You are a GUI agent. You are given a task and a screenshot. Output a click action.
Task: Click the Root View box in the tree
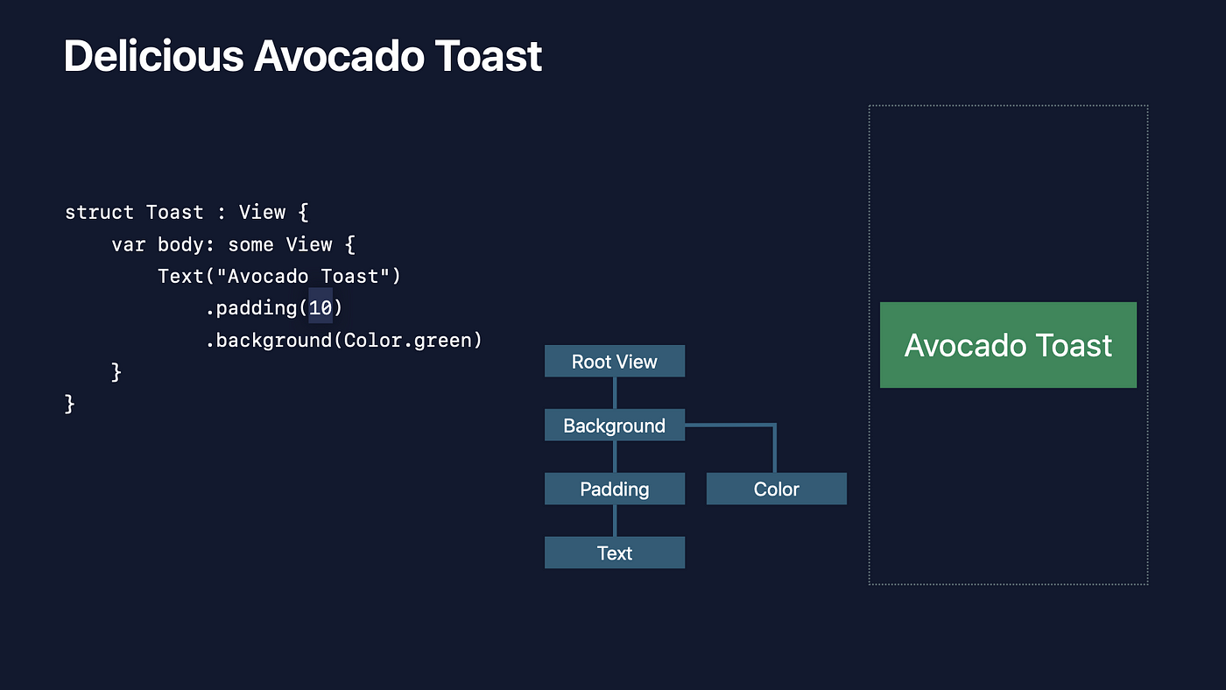point(614,362)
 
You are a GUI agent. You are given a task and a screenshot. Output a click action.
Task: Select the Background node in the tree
point(614,426)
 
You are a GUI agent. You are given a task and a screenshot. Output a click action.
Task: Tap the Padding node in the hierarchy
point(614,489)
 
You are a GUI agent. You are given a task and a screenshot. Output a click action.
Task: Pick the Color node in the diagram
point(776,489)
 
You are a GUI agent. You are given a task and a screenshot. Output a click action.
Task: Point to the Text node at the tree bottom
point(614,553)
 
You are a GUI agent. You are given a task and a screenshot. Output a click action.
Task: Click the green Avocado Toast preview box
point(1008,345)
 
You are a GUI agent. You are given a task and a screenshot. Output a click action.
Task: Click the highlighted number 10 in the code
point(321,308)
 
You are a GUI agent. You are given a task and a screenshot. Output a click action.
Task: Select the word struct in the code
point(99,213)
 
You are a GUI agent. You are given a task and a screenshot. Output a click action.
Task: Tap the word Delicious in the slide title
point(152,56)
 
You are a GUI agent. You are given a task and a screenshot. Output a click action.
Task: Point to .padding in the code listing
point(251,308)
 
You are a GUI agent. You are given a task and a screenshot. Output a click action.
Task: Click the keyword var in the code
point(129,244)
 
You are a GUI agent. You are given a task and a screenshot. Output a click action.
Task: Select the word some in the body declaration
point(250,244)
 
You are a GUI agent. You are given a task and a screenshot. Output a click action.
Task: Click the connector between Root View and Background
point(615,393)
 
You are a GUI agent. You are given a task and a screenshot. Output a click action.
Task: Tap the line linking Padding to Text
point(615,521)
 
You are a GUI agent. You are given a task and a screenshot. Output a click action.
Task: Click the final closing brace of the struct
point(70,404)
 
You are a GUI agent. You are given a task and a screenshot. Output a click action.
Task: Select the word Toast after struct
point(175,213)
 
